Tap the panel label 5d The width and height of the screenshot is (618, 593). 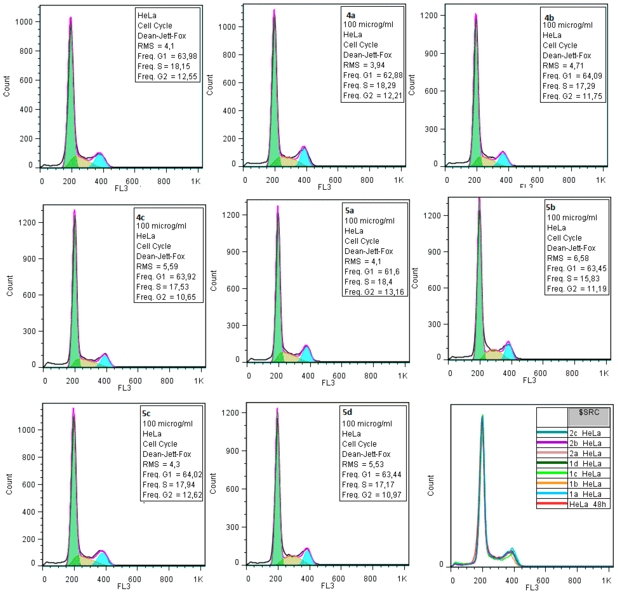347,412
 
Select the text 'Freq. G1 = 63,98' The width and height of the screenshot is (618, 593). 167,56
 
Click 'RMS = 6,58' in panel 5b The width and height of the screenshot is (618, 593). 568,258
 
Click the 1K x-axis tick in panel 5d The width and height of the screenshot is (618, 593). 402,579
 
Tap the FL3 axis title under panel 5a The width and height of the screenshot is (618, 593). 328,383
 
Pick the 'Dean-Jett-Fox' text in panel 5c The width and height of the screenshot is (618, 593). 167,454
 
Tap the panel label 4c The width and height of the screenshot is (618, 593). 140,217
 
